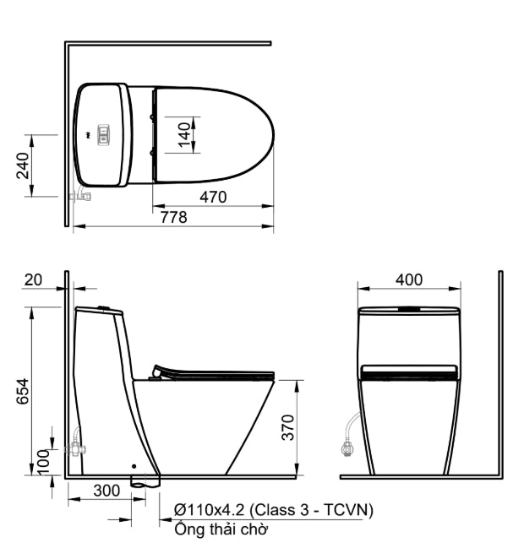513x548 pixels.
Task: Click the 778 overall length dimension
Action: click(174, 218)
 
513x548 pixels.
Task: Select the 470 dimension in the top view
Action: click(213, 198)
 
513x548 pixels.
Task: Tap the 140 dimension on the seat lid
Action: click(184, 135)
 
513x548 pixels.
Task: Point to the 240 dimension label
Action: click(23, 165)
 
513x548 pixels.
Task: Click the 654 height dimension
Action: click(23, 391)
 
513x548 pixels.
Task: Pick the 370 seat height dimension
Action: click(288, 427)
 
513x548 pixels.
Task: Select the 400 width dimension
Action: click(409, 280)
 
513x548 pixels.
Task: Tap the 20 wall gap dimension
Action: click(33, 280)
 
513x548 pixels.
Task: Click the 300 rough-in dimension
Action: click(106, 491)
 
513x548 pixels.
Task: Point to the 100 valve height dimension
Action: click(43, 462)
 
